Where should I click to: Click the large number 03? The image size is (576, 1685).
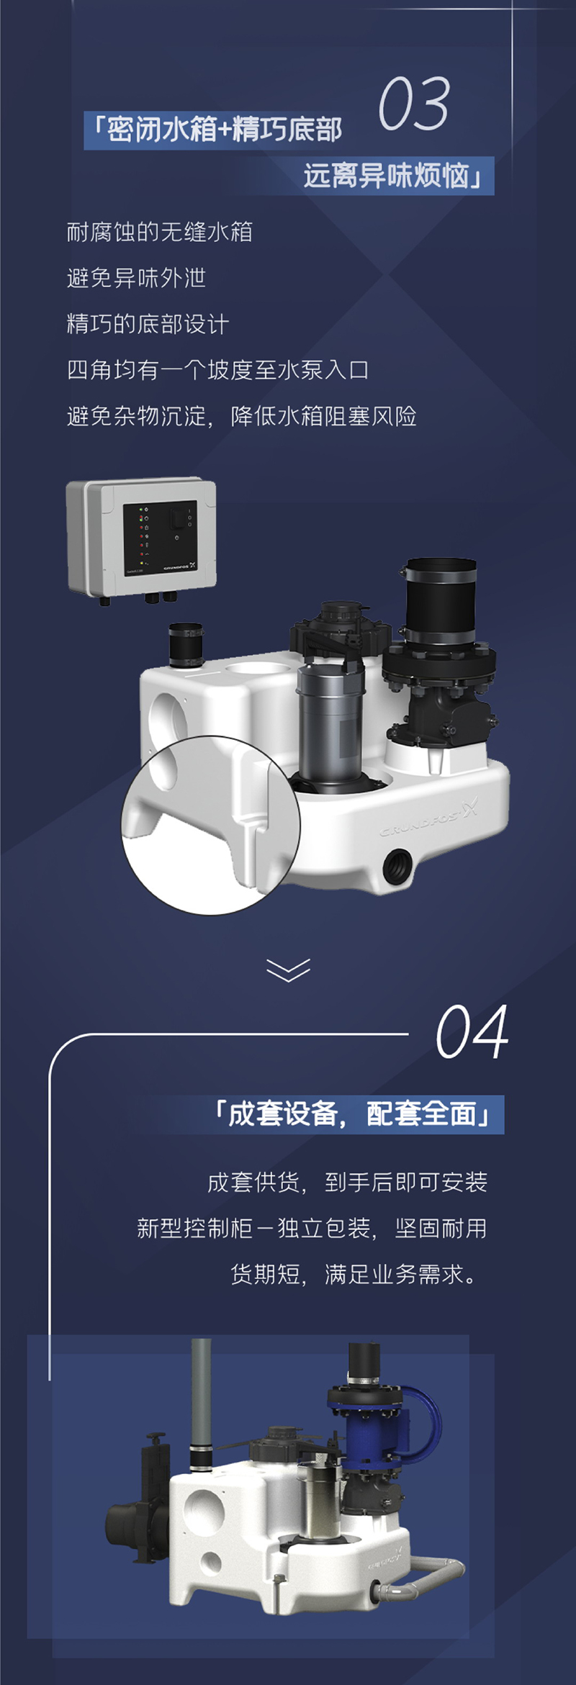click(x=415, y=104)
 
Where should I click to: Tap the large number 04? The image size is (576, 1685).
click(x=472, y=1031)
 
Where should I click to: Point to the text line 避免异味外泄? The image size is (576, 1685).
click(x=136, y=278)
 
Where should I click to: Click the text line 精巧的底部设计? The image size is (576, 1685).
click(x=148, y=324)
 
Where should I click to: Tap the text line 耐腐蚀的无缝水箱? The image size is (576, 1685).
click(x=159, y=232)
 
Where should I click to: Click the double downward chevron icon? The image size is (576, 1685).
click(x=288, y=970)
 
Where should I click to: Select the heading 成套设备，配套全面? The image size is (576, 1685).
click(x=352, y=1114)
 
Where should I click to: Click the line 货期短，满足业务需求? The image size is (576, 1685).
click(x=354, y=1275)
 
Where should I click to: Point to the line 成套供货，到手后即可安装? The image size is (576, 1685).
click(x=347, y=1182)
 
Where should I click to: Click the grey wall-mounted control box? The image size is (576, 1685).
click(x=141, y=538)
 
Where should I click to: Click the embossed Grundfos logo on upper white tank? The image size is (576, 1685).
click(x=429, y=821)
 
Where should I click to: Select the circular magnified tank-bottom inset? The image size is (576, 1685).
click(x=210, y=825)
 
